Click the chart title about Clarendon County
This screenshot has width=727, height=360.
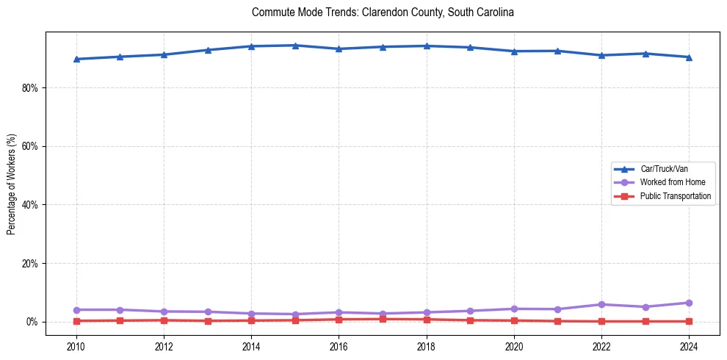tap(383, 12)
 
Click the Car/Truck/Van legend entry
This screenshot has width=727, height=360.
tap(664, 169)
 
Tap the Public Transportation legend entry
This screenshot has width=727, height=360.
tap(675, 196)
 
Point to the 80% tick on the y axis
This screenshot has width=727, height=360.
tap(30, 87)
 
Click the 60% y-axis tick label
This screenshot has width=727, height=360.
tap(30, 146)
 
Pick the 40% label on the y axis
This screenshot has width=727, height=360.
tap(30, 205)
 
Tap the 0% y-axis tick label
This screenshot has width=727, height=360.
tap(32, 322)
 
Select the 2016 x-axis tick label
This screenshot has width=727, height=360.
tap(339, 347)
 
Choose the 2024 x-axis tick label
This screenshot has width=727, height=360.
tap(689, 347)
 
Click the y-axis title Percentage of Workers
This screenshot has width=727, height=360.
tap(12, 184)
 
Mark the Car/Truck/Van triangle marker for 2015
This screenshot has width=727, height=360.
tap(295, 46)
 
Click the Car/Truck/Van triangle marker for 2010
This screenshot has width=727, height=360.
tap(76, 59)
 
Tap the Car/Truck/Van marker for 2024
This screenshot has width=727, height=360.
tap(689, 57)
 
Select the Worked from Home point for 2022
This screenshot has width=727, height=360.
tap(601, 304)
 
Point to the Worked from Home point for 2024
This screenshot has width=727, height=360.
tap(689, 303)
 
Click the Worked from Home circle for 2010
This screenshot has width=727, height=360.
tap(76, 309)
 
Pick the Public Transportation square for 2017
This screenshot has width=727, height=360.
tap(383, 319)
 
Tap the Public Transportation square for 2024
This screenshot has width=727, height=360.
tap(689, 321)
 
